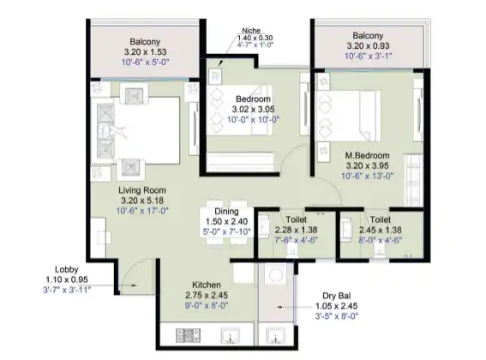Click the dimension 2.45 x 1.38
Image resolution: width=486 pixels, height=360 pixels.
[x=379, y=229]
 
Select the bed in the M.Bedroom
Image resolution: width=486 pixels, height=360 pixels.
[x=352, y=108]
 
